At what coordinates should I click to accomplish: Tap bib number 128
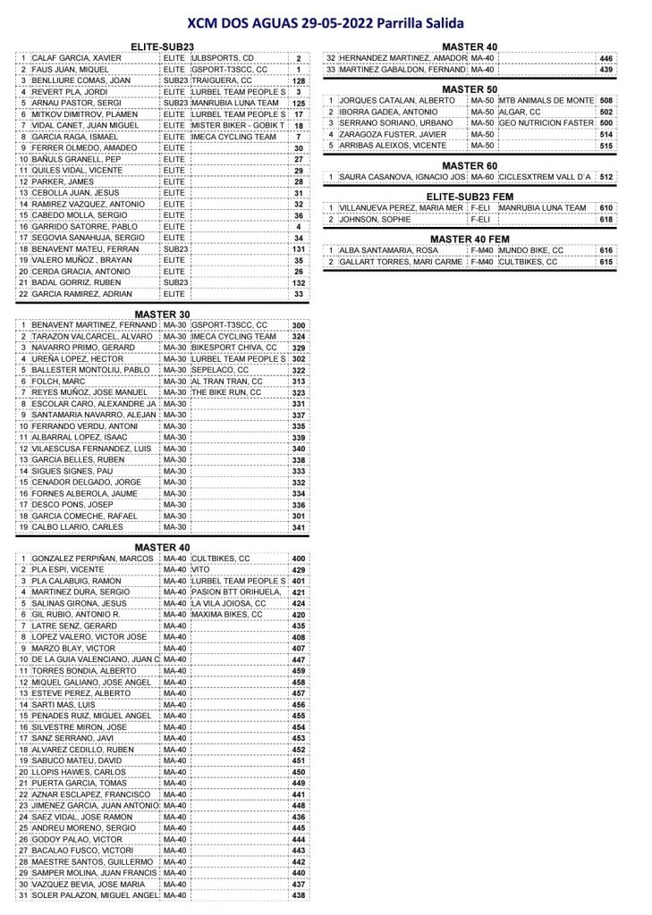pyautogui.click(x=298, y=80)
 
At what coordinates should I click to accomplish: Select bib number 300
pyautogui.click(x=298, y=325)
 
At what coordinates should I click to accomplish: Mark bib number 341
pyautogui.click(x=298, y=527)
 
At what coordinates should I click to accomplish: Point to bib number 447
pyautogui.click(x=298, y=659)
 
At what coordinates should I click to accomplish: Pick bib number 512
pyautogui.click(x=606, y=178)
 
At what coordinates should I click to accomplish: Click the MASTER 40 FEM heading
pyautogui.click(x=469, y=239)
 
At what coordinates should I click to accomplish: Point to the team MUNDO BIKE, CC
pyautogui.click(x=531, y=251)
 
